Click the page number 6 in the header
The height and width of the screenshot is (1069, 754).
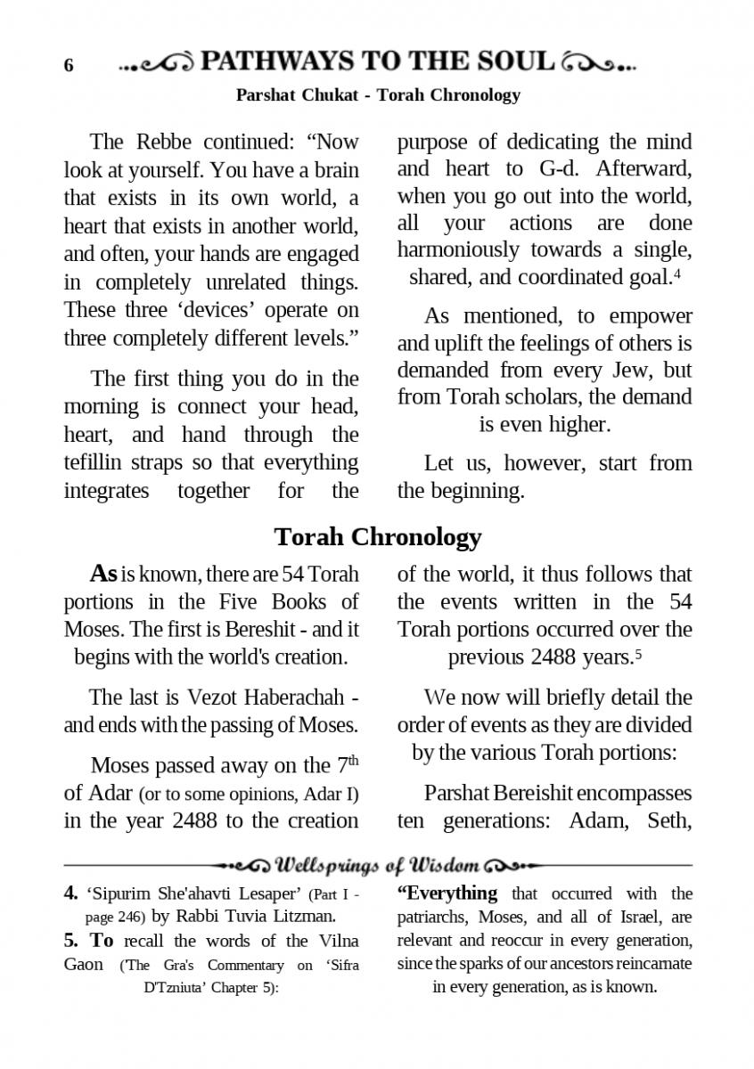tap(69, 66)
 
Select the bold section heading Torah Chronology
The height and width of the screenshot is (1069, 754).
tap(377, 536)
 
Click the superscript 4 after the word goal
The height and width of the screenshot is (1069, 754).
tap(677, 273)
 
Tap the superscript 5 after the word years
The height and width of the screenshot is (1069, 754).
tap(639, 654)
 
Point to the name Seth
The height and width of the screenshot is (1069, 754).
tap(669, 820)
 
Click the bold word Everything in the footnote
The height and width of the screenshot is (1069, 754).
tap(447, 893)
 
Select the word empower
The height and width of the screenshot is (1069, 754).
tap(651, 316)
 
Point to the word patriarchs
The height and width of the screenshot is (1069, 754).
tap(431, 917)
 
